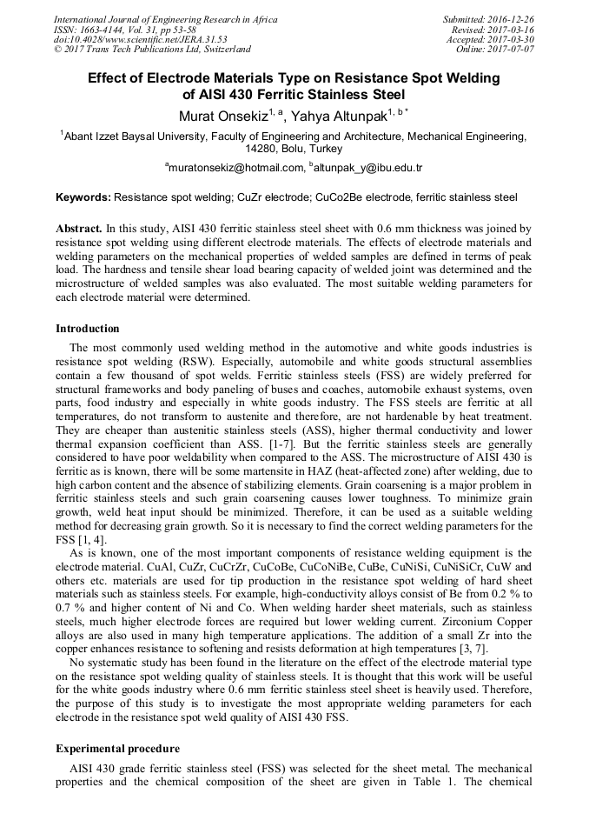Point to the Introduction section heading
(x=88, y=329)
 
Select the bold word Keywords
(x=83, y=197)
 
